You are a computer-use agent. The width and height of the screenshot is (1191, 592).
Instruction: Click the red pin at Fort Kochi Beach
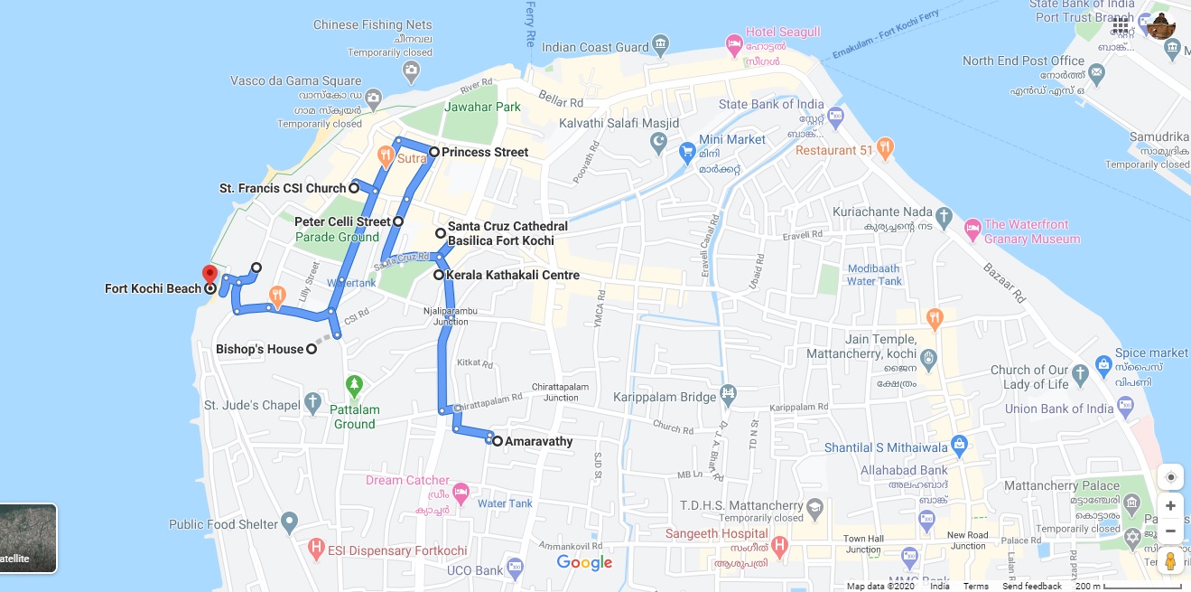tap(209, 274)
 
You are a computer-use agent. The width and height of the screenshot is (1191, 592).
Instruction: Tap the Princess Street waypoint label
tap(485, 152)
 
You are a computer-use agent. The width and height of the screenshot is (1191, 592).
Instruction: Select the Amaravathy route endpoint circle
tap(498, 441)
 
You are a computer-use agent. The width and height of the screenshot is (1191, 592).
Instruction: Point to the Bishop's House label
tap(260, 349)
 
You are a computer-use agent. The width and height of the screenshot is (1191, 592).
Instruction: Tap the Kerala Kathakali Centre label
tap(513, 275)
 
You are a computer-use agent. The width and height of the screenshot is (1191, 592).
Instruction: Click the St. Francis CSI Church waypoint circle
tap(355, 188)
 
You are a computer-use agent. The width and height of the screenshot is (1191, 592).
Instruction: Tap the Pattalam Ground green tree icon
tap(355, 385)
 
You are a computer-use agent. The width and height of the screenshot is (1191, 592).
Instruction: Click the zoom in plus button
tap(1170, 505)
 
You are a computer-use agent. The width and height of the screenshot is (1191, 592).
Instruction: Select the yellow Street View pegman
tap(1170, 560)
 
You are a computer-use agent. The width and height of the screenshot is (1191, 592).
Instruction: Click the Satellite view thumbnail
tap(28, 538)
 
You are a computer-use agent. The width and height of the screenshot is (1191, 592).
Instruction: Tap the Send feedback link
tap(1031, 587)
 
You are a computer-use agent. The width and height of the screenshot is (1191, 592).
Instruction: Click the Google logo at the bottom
tap(584, 563)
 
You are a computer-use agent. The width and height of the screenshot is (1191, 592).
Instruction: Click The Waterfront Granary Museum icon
tap(972, 226)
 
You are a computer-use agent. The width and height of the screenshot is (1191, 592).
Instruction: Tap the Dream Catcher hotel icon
tap(461, 493)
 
